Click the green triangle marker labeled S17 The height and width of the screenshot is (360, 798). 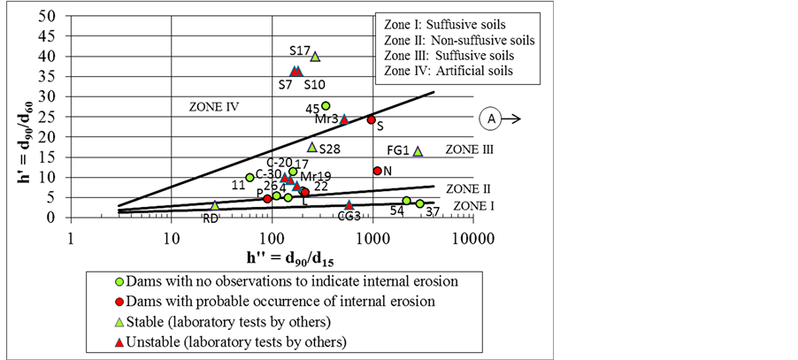315,57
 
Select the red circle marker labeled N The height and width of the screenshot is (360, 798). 378,171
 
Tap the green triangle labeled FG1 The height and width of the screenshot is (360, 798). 418,151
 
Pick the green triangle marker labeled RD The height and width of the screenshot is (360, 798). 215,205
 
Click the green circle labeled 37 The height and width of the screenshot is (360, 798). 420,204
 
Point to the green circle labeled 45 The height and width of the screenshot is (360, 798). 326,106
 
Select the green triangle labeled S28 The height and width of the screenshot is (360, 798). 311,147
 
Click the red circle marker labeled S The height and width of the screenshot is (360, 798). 372,119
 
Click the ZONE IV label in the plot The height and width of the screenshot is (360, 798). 214,106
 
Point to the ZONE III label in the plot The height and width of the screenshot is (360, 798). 470,150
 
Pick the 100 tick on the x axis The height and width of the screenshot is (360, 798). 272,238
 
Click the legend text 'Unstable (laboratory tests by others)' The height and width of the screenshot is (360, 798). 236,341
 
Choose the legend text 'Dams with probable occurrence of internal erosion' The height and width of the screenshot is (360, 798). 273,302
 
